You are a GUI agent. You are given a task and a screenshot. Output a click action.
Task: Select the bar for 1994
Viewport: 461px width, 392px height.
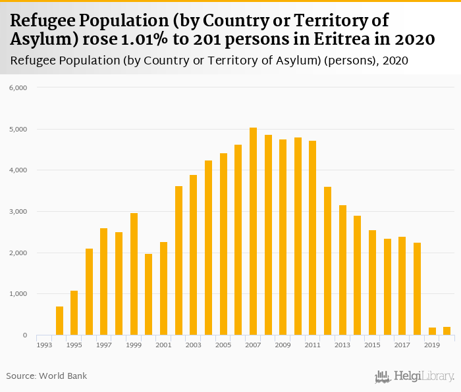point(59,321)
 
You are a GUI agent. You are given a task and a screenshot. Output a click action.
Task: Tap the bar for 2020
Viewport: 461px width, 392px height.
point(447,331)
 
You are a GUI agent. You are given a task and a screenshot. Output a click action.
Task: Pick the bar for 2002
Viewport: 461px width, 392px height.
point(178,260)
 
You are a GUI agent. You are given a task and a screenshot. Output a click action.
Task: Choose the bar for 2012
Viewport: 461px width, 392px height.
point(327,261)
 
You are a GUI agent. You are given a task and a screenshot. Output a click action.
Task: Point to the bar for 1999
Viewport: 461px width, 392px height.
point(134,274)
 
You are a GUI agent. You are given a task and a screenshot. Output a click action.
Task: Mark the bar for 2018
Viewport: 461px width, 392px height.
point(417,289)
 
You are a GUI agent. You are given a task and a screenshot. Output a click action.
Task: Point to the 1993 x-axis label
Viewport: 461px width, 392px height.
point(44,345)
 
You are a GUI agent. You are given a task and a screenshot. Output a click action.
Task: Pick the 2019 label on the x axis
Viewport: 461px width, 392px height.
point(432,345)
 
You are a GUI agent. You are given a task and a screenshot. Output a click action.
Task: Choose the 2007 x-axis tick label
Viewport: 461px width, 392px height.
point(253,345)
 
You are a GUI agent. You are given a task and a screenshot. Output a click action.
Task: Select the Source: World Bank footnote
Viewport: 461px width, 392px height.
point(46,376)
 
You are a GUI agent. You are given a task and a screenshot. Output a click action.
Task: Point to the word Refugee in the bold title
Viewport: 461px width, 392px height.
point(45,20)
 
